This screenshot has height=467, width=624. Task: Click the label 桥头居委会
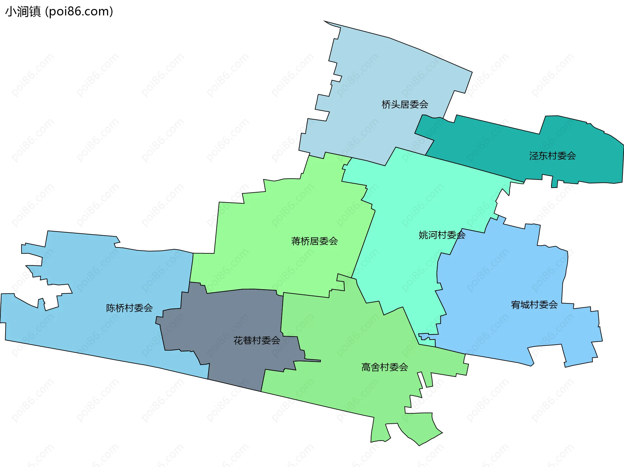[405, 104]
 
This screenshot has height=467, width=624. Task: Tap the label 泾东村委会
[552, 156]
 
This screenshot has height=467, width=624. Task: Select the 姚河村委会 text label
[442, 235]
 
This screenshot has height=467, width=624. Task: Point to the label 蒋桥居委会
[314, 241]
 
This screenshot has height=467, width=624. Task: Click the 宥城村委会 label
[534, 305]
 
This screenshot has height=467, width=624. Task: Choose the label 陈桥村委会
[129, 308]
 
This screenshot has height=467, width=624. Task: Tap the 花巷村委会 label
[256, 340]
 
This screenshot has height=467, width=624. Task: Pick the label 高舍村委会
[384, 367]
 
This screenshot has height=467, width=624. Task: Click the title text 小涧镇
[23, 11]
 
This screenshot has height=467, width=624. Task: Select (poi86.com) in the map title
[79, 11]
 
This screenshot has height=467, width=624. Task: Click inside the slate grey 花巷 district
[227, 319]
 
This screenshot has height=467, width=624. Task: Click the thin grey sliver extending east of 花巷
[312, 361]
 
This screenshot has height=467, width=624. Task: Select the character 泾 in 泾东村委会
[534, 156]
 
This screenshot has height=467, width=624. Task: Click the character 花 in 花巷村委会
[238, 340]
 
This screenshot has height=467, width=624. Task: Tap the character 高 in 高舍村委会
[366, 367]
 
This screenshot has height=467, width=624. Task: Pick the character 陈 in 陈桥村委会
[111, 308]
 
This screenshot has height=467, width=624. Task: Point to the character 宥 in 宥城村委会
[516, 305]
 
